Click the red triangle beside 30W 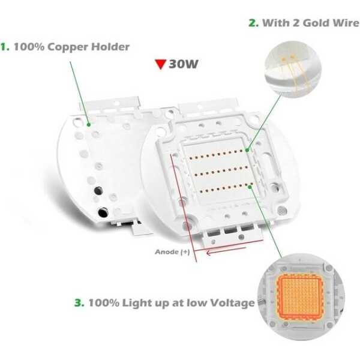tap(160, 64)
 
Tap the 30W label tap(184, 64)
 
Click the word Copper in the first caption tap(67, 47)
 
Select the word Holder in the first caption tap(110, 47)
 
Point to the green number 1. tap(5, 47)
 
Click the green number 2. tap(253, 23)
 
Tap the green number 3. tap(79, 302)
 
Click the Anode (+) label tap(172, 252)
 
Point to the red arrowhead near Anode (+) tap(209, 253)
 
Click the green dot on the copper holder tap(89, 125)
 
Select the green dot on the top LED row tap(247, 150)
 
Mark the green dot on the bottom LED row tap(250, 187)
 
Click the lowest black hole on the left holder tap(103, 212)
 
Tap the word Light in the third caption tap(137, 303)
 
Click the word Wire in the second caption tap(347, 23)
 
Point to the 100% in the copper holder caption tap(29, 47)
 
